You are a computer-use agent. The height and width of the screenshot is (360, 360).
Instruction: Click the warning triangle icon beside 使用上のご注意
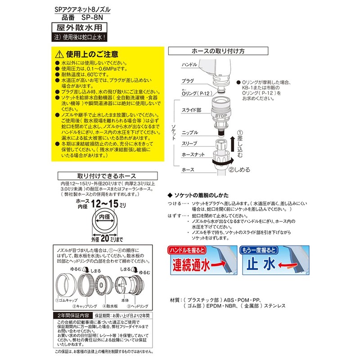57,54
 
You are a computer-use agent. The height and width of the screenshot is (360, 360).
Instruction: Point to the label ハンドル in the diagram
189,65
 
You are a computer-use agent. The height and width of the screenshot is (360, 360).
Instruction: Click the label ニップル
189,133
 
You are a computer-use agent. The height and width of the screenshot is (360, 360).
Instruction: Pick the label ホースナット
192,155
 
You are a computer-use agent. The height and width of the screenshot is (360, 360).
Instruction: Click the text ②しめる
239,170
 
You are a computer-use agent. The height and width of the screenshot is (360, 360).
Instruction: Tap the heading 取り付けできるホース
104,176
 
